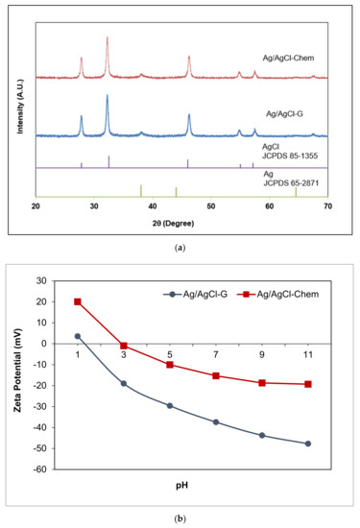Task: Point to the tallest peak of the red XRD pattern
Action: [x=108, y=38]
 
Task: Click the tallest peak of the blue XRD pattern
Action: [x=108, y=96]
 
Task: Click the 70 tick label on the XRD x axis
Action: [x=328, y=205]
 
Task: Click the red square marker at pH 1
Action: [x=78, y=301]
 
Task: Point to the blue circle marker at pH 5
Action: [x=170, y=405]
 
